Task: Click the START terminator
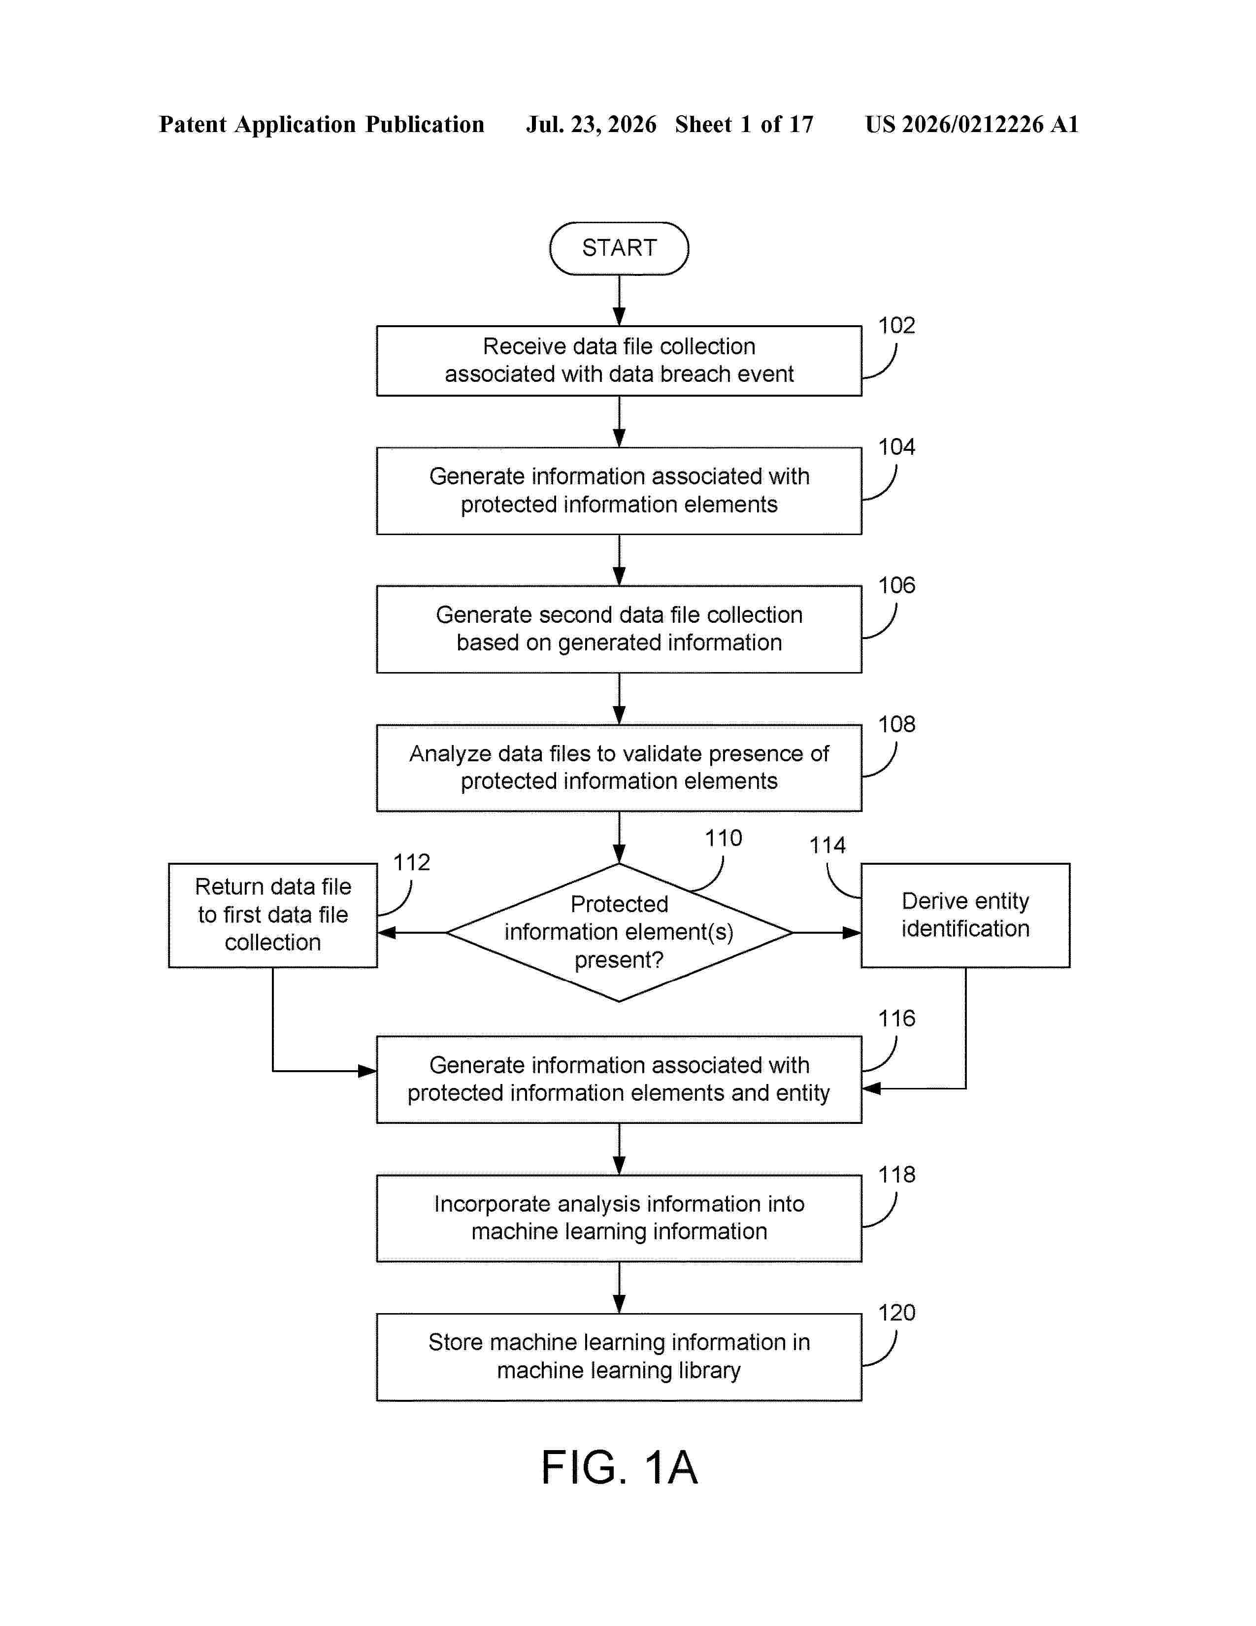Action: [x=619, y=248]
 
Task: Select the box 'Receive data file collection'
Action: [x=619, y=360]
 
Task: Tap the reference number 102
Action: [x=896, y=325]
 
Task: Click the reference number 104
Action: [x=896, y=447]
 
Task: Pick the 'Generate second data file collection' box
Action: [x=619, y=629]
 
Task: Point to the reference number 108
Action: [x=896, y=724]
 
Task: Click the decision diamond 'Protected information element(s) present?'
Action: [x=619, y=932]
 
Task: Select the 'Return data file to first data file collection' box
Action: [x=273, y=915]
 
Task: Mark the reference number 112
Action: [x=411, y=862]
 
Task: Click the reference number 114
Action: [x=827, y=845]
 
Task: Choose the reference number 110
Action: [x=723, y=838]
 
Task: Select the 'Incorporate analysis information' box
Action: [x=619, y=1218]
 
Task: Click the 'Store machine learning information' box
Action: [x=619, y=1356]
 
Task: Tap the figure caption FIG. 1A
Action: [x=619, y=1467]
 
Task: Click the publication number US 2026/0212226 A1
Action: [x=972, y=124]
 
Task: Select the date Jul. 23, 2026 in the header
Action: [x=592, y=124]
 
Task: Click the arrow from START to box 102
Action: [x=619, y=301]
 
